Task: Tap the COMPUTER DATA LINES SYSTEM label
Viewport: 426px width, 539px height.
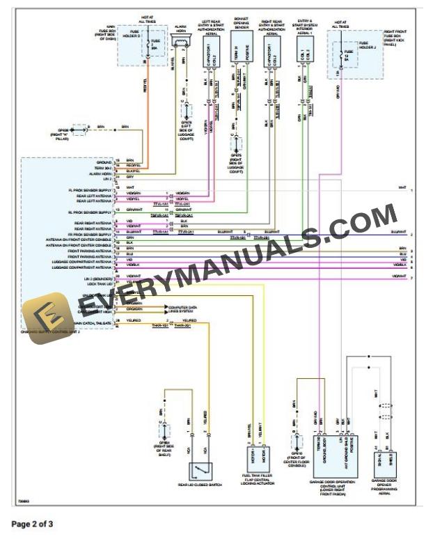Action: (x=183, y=308)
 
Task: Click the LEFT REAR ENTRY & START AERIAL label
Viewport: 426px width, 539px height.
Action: (x=213, y=27)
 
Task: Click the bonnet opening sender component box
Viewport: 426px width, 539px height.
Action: (x=240, y=53)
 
